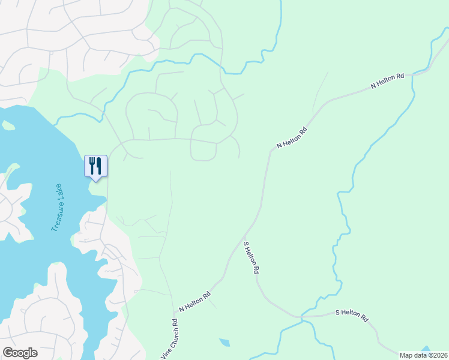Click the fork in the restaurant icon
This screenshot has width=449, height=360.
pos(92,164)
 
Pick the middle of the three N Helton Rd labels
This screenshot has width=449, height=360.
pos(292,137)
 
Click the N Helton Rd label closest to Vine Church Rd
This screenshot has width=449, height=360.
pos(195,302)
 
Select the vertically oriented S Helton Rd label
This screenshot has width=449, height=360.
pos(251,258)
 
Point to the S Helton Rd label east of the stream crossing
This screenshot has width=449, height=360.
pos(351,316)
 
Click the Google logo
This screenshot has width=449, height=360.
pos(20,353)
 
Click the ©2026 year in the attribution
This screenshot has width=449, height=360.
pos(437,355)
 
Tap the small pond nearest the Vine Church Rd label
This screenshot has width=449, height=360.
pos(224,343)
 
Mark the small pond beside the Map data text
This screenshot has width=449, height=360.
pos(426,349)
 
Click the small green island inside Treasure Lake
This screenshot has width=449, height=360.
pos(8,125)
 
